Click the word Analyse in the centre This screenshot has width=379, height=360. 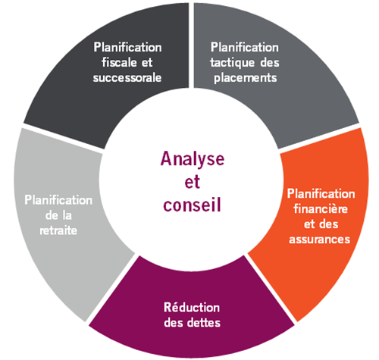[x=193, y=160]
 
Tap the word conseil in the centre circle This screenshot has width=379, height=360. [x=192, y=204]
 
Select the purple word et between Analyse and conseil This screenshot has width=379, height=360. [x=193, y=182]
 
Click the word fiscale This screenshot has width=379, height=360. [x=118, y=62]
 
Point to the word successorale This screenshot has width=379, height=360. [x=127, y=77]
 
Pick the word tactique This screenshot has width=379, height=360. [x=233, y=63]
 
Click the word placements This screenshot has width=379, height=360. [x=246, y=78]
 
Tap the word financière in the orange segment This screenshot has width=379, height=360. [x=321, y=209]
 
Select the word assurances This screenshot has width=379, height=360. [x=320, y=239]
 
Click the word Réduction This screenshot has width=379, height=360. [x=192, y=308]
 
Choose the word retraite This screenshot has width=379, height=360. [x=58, y=230]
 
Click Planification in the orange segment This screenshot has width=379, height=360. [x=321, y=194]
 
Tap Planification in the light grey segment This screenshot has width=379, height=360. [x=58, y=200]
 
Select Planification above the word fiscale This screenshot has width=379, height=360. [x=127, y=47]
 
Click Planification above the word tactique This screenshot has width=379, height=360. [x=245, y=47]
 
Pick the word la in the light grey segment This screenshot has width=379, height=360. [x=67, y=215]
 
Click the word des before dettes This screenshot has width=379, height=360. [x=173, y=323]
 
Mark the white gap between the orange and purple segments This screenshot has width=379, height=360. [x=271, y=288]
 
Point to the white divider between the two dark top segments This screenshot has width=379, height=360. [x=191, y=45]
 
